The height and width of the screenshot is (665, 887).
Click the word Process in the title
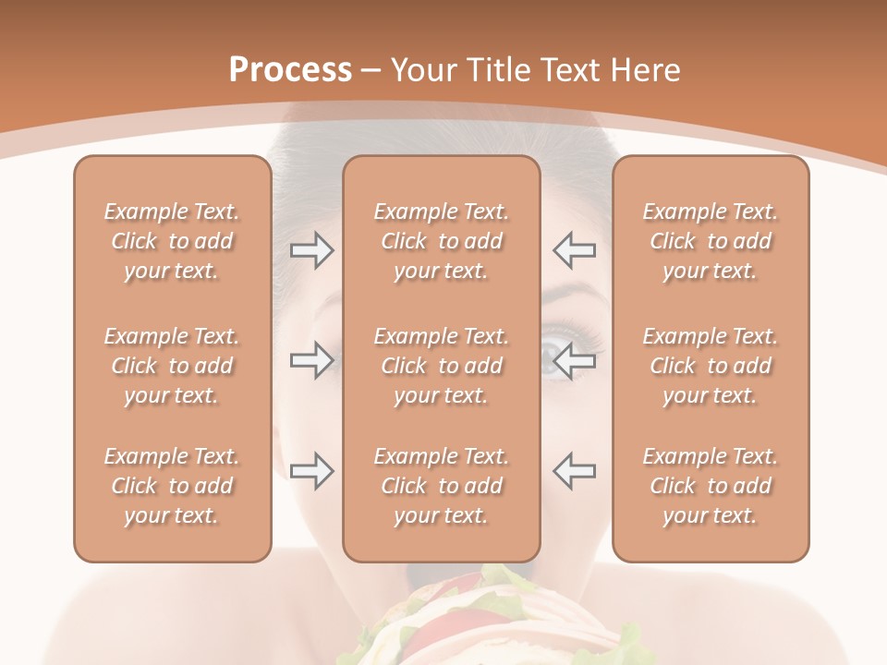[290, 70]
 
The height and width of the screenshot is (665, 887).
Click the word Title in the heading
[497, 70]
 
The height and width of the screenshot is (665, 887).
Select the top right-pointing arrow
[311, 249]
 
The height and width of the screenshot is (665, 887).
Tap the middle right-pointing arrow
[311, 360]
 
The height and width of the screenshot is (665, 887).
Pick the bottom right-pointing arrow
[311, 471]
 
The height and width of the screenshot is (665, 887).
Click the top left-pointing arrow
[574, 249]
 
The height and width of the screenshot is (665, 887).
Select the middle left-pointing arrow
[574, 360]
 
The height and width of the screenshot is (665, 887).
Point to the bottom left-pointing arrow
[574, 471]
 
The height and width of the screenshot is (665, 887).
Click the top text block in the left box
[172, 241]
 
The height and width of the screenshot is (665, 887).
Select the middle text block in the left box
[172, 366]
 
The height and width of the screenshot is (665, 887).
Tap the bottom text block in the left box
[172, 486]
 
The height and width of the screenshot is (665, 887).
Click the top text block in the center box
[441, 241]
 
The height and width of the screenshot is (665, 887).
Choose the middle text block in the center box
[441, 366]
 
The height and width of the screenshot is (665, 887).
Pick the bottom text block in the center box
[441, 486]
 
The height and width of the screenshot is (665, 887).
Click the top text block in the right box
[710, 241]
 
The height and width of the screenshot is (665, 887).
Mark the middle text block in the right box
[710, 366]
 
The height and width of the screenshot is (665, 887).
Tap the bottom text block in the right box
[710, 486]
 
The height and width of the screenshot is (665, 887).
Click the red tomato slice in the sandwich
[430, 637]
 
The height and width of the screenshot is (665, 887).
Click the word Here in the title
[647, 70]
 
